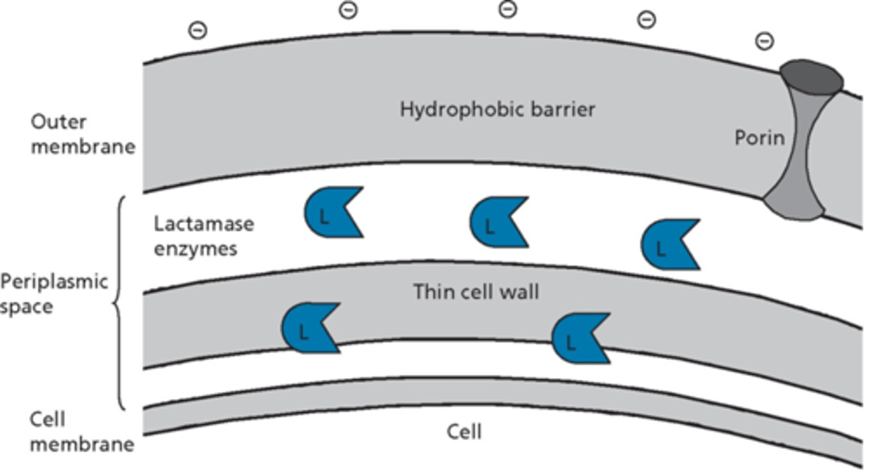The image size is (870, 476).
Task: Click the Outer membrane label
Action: tap(83, 135)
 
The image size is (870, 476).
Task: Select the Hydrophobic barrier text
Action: tap(497, 109)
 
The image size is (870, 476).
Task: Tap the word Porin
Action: tap(759, 138)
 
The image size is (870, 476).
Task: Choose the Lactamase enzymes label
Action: tap(203, 236)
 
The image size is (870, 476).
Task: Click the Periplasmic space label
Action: tap(53, 294)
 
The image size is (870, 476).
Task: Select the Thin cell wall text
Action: tap(475, 292)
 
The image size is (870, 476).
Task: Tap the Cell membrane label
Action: tap(82, 432)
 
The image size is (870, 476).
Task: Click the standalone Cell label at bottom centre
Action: tap(464, 431)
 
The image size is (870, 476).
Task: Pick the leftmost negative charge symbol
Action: tap(198, 30)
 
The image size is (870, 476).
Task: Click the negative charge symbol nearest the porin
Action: tap(764, 41)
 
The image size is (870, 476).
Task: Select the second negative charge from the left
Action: tap(349, 10)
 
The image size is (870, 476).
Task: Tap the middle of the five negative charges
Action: tap(507, 9)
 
